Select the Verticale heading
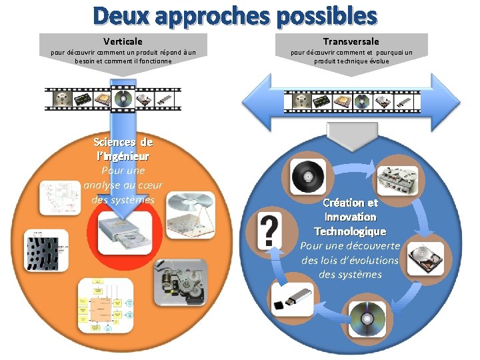click(123, 42)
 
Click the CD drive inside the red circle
click(124, 234)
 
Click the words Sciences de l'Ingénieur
click(123, 149)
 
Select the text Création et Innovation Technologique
click(350, 217)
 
